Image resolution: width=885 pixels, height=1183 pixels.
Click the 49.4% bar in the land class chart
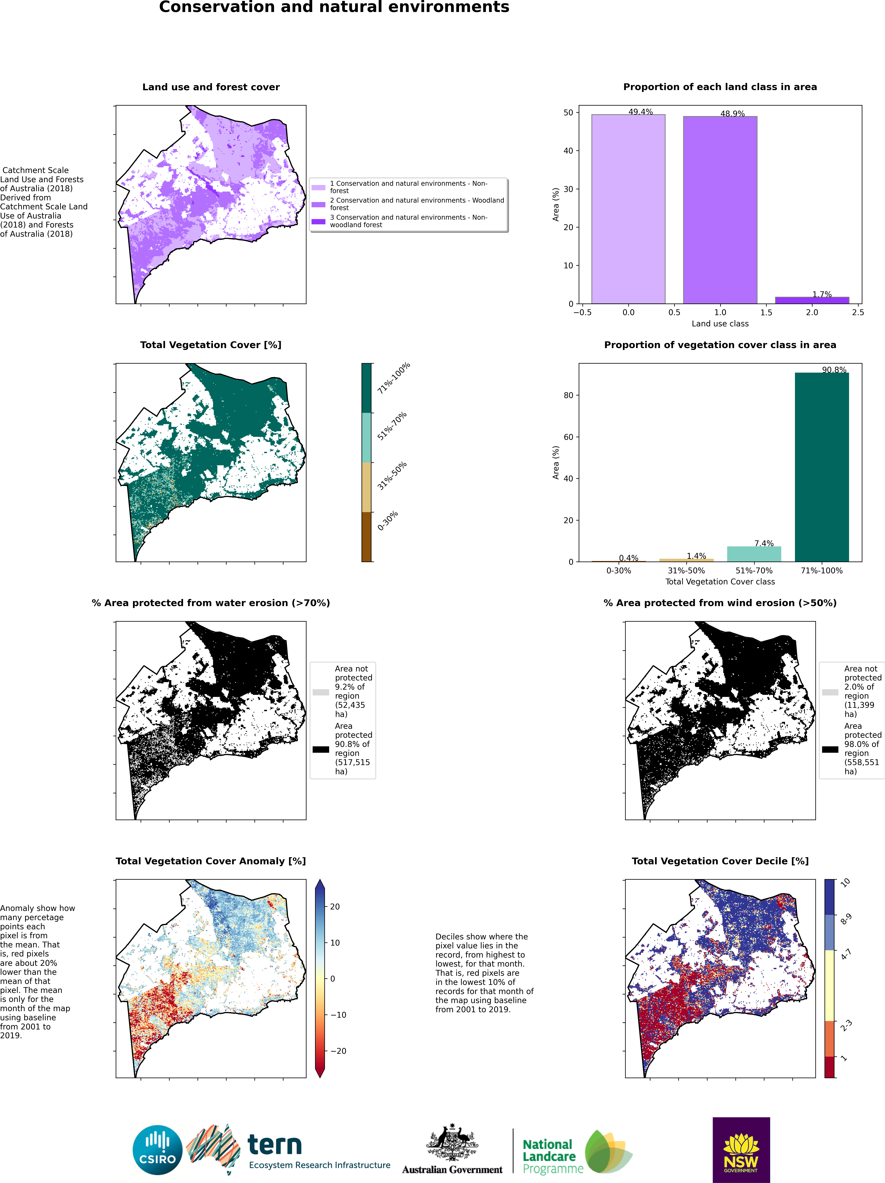tap(628, 209)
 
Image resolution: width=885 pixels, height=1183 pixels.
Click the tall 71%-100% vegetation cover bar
tap(822, 467)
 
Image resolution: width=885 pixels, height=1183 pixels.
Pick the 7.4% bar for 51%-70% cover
tap(754, 554)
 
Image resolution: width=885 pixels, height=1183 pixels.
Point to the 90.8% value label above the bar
tap(834, 370)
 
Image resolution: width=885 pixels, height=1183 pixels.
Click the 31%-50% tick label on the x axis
tap(686, 571)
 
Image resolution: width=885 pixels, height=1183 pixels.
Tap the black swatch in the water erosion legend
tap(321, 749)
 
